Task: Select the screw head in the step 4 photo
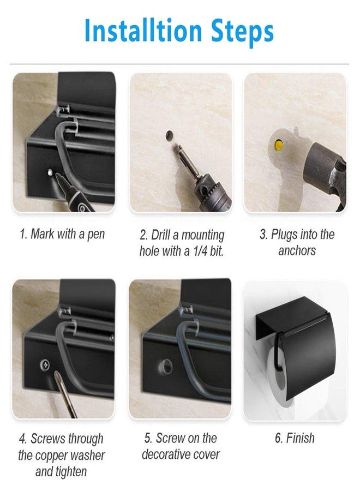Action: tap(42, 363)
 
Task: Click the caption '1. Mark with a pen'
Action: tap(62, 235)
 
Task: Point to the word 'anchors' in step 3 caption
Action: tap(297, 252)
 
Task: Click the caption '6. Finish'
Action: tap(295, 438)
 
